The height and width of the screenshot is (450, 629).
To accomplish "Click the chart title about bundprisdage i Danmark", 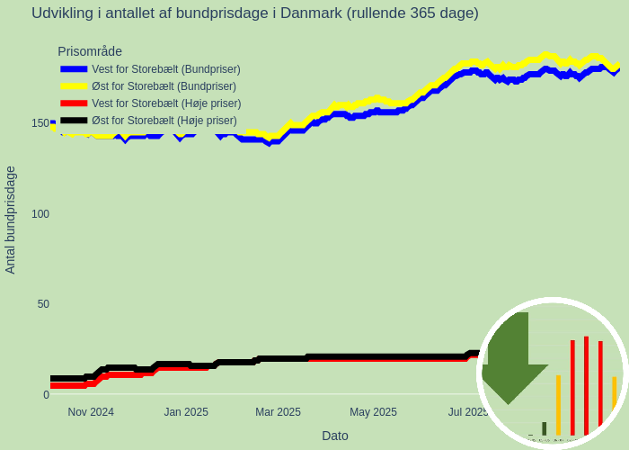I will pos(254,13).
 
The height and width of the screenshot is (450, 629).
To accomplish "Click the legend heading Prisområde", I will pos(90,51).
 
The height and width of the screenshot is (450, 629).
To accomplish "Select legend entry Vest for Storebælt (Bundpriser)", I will pos(165,69).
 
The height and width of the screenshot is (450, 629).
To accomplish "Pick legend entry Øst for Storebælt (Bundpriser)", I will pos(164,86).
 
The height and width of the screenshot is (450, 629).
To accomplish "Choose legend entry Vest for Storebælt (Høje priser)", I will pos(166,103).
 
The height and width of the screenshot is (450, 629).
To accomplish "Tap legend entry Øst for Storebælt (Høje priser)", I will pos(164,121).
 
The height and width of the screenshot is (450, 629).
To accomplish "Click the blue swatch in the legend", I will pos(74,69).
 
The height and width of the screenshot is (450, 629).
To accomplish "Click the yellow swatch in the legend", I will pos(74,86).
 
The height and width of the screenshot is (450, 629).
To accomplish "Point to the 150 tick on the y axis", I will pos(40,123).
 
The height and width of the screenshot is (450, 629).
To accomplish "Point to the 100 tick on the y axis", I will pos(40,214).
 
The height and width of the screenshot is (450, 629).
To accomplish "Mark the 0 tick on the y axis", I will pos(46,395).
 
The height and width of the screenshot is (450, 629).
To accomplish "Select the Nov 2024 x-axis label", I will pos(91,412).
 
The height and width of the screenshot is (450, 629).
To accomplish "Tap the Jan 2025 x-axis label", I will pos(186,412).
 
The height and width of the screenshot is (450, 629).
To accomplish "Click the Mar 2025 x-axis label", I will pos(278,412).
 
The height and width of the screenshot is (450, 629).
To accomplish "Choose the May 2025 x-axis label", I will pos(373,412).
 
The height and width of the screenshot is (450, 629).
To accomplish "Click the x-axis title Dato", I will pos(335,436).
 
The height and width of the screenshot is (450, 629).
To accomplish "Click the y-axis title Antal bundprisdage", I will pos(11,220).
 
